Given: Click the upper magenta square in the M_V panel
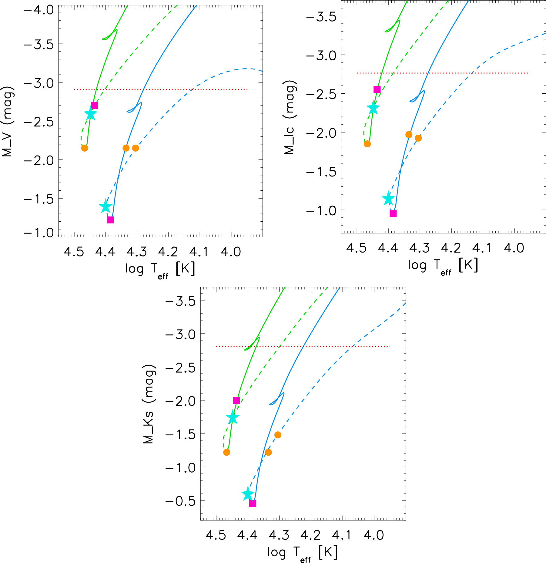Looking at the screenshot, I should (x=94, y=106).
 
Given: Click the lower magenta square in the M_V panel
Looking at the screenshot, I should (x=110, y=220).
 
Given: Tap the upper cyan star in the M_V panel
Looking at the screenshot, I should (x=90, y=114).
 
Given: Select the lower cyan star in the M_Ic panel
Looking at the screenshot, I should (x=388, y=199).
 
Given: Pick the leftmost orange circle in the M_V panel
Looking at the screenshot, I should (x=85, y=148).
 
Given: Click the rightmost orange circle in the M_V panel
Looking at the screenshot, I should (x=136, y=148).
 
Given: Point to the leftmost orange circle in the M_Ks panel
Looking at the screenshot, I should (x=226, y=452).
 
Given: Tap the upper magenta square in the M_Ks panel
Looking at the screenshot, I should (x=236, y=400).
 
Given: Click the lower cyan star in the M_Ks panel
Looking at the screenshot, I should (x=248, y=494).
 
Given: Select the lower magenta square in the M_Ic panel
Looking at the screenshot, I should (x=393, y=213).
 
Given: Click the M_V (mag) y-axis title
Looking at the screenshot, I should (x=7, y=121).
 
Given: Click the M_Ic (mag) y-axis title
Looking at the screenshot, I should (x=290, y=117).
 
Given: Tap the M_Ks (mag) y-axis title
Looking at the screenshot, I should (x=149, y=404).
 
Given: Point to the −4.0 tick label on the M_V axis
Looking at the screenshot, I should (x=39, y=10).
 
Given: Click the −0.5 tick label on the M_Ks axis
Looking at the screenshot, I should (x=180, y=501).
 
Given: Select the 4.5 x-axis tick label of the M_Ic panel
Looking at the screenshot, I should (x=356, y=248).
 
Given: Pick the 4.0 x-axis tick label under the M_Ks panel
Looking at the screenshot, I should (x=373, y=535).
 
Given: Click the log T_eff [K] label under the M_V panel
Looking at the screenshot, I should (x=160, y=269).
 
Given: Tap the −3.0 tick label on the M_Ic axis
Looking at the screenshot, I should (x=321, y=55).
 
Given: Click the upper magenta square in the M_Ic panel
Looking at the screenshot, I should (x=377, y=89).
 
